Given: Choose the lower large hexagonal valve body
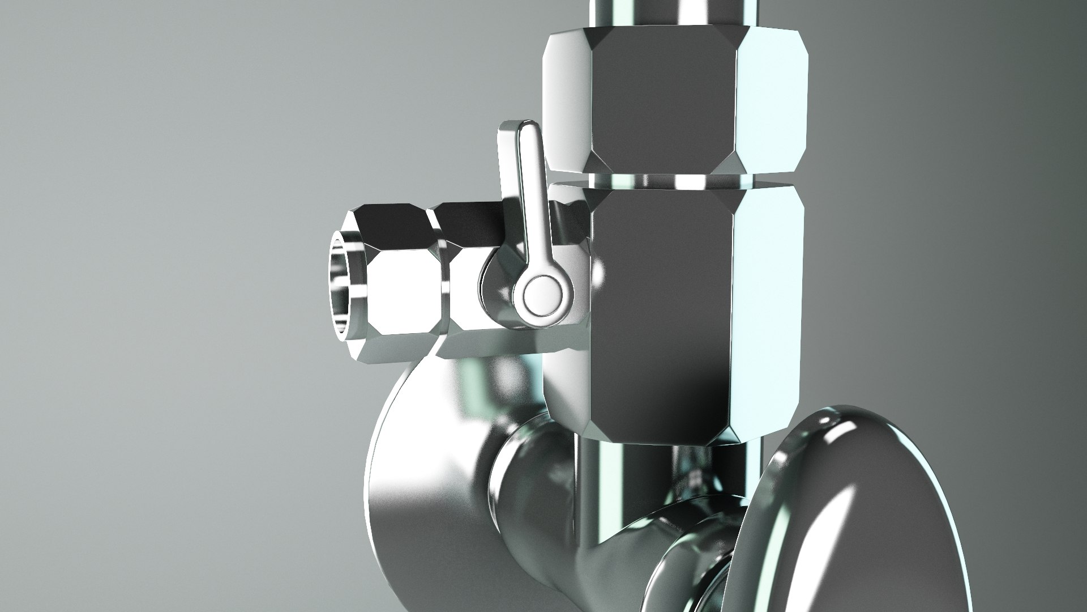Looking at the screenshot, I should (668, 312).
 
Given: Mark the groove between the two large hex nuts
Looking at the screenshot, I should (674, 180).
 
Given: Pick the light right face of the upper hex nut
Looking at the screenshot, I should (770, 96).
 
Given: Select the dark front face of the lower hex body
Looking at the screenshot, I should (657, 317).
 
